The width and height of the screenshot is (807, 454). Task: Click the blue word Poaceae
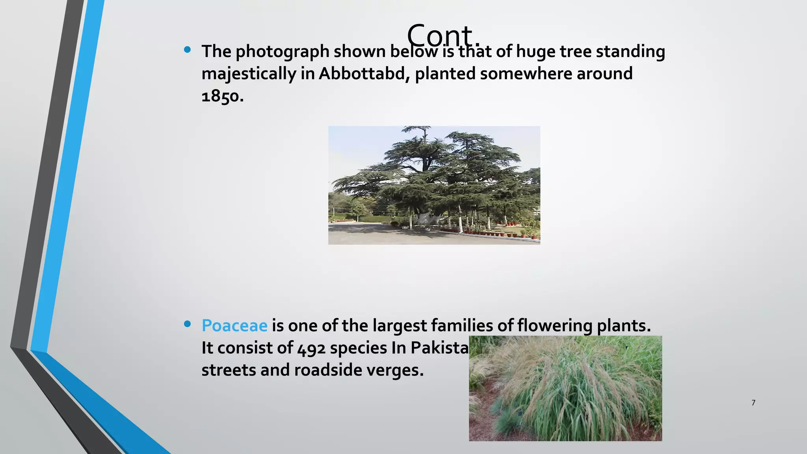(x=234, y=326)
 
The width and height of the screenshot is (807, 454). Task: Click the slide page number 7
(x=753, y=403)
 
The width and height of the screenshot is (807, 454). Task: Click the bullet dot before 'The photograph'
(x=188, y=50)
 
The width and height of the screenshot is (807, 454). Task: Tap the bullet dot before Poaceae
(x=188, y=324)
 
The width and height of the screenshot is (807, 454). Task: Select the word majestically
(x=248, y=74)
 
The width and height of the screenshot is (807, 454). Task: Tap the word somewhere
(x=526, y=74)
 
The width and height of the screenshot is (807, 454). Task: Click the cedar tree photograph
(x=434, y=185)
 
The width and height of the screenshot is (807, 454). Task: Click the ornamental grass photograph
(x=565, y=388)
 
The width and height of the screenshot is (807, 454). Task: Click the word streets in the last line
(x=229, y=370)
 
